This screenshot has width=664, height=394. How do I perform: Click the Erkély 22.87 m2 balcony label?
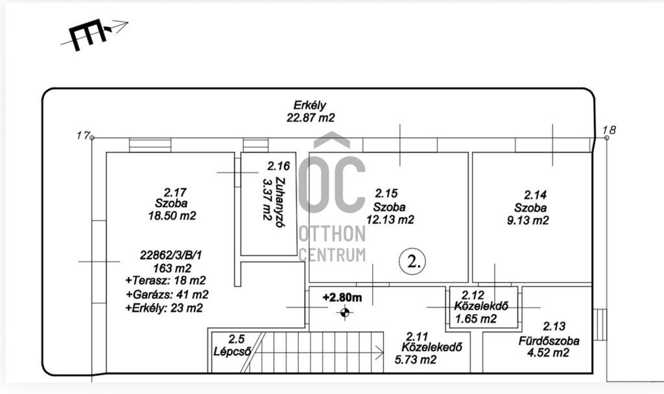coord(311,111)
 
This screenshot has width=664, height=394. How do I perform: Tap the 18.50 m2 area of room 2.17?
coord(172,216)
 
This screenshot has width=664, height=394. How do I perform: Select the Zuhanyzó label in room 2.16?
coord(279,202)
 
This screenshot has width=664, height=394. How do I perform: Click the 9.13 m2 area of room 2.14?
coord(528,220)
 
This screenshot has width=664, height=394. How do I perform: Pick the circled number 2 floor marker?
coord(412,261)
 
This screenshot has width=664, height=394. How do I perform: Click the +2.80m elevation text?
coord(342,297)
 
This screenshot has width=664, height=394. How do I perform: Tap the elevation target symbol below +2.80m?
coord(345,313)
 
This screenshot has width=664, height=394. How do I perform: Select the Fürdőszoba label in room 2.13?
coord(549,341)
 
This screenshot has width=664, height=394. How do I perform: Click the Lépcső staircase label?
coord(232,351)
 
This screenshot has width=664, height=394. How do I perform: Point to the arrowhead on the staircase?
coord(379,352)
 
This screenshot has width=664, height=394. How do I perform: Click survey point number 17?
coord(83,135)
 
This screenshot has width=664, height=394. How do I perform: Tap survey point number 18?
coord(609,130)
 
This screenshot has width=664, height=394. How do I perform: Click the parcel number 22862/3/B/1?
coord(171,255)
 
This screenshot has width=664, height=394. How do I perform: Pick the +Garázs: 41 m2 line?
coord(167,295)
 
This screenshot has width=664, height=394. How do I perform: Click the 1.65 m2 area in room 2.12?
coord(476,319)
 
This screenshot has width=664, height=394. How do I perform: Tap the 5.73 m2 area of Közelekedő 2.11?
coord(416,360)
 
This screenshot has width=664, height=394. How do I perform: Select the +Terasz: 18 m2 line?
coord(165,281)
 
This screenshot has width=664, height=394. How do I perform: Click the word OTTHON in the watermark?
coord(332,233)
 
